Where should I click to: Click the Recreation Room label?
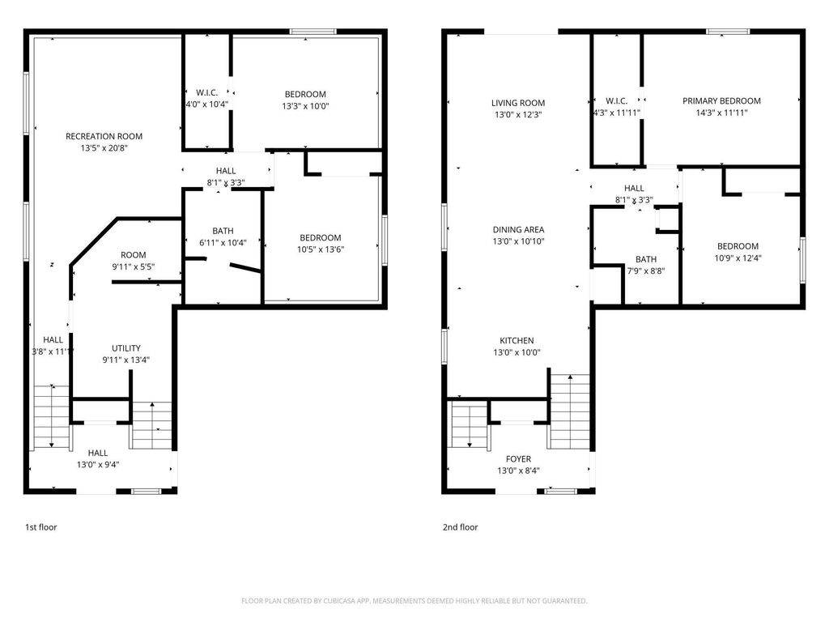[x=104, y=136]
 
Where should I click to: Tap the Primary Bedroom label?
[x=721, y=101]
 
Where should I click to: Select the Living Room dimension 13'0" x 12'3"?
[x=518, y=115]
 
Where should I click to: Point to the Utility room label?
[x=126, y=348]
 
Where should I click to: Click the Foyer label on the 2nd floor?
[x=518, y=459]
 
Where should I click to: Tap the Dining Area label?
[x=518, y=229]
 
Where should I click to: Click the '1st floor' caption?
[x=40, y=527]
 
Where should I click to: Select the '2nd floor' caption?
[x=460, y=527]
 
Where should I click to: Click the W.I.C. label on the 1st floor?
[x=207, y=93]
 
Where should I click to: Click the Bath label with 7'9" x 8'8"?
[x=646, y=259]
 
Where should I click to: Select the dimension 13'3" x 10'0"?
[x=305, y=106]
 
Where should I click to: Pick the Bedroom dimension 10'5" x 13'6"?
[x=320, y=249]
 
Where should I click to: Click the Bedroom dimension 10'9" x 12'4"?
[x=738, y=258]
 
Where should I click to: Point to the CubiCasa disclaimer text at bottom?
[x=414, y=601]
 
